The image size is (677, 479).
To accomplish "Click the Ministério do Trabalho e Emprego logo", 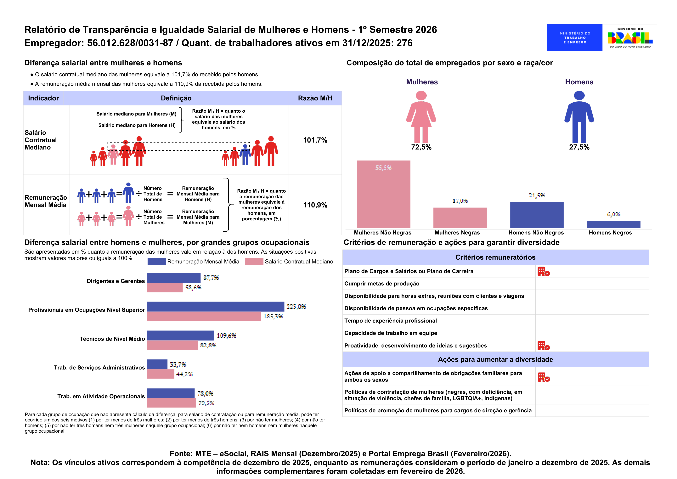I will [x=574, y=37].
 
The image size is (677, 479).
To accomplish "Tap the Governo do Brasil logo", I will [x=630, y=37].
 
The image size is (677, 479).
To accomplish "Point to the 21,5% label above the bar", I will [x=537, y=195].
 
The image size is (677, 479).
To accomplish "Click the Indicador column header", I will [x=43, y=98].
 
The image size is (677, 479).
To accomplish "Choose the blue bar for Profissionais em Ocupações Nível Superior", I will [x=215, y=307].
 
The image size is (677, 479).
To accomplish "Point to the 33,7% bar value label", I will [x=178, y=364].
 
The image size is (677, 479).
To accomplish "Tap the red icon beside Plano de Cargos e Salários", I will [x=543, y=272].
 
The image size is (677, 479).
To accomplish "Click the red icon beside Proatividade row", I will [x=543, y=346].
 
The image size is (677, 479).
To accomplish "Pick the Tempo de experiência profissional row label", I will [x=390, y=321].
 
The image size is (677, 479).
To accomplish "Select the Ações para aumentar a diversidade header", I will [x=495, y=360].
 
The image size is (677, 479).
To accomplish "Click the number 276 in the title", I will [x=404, y=43].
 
